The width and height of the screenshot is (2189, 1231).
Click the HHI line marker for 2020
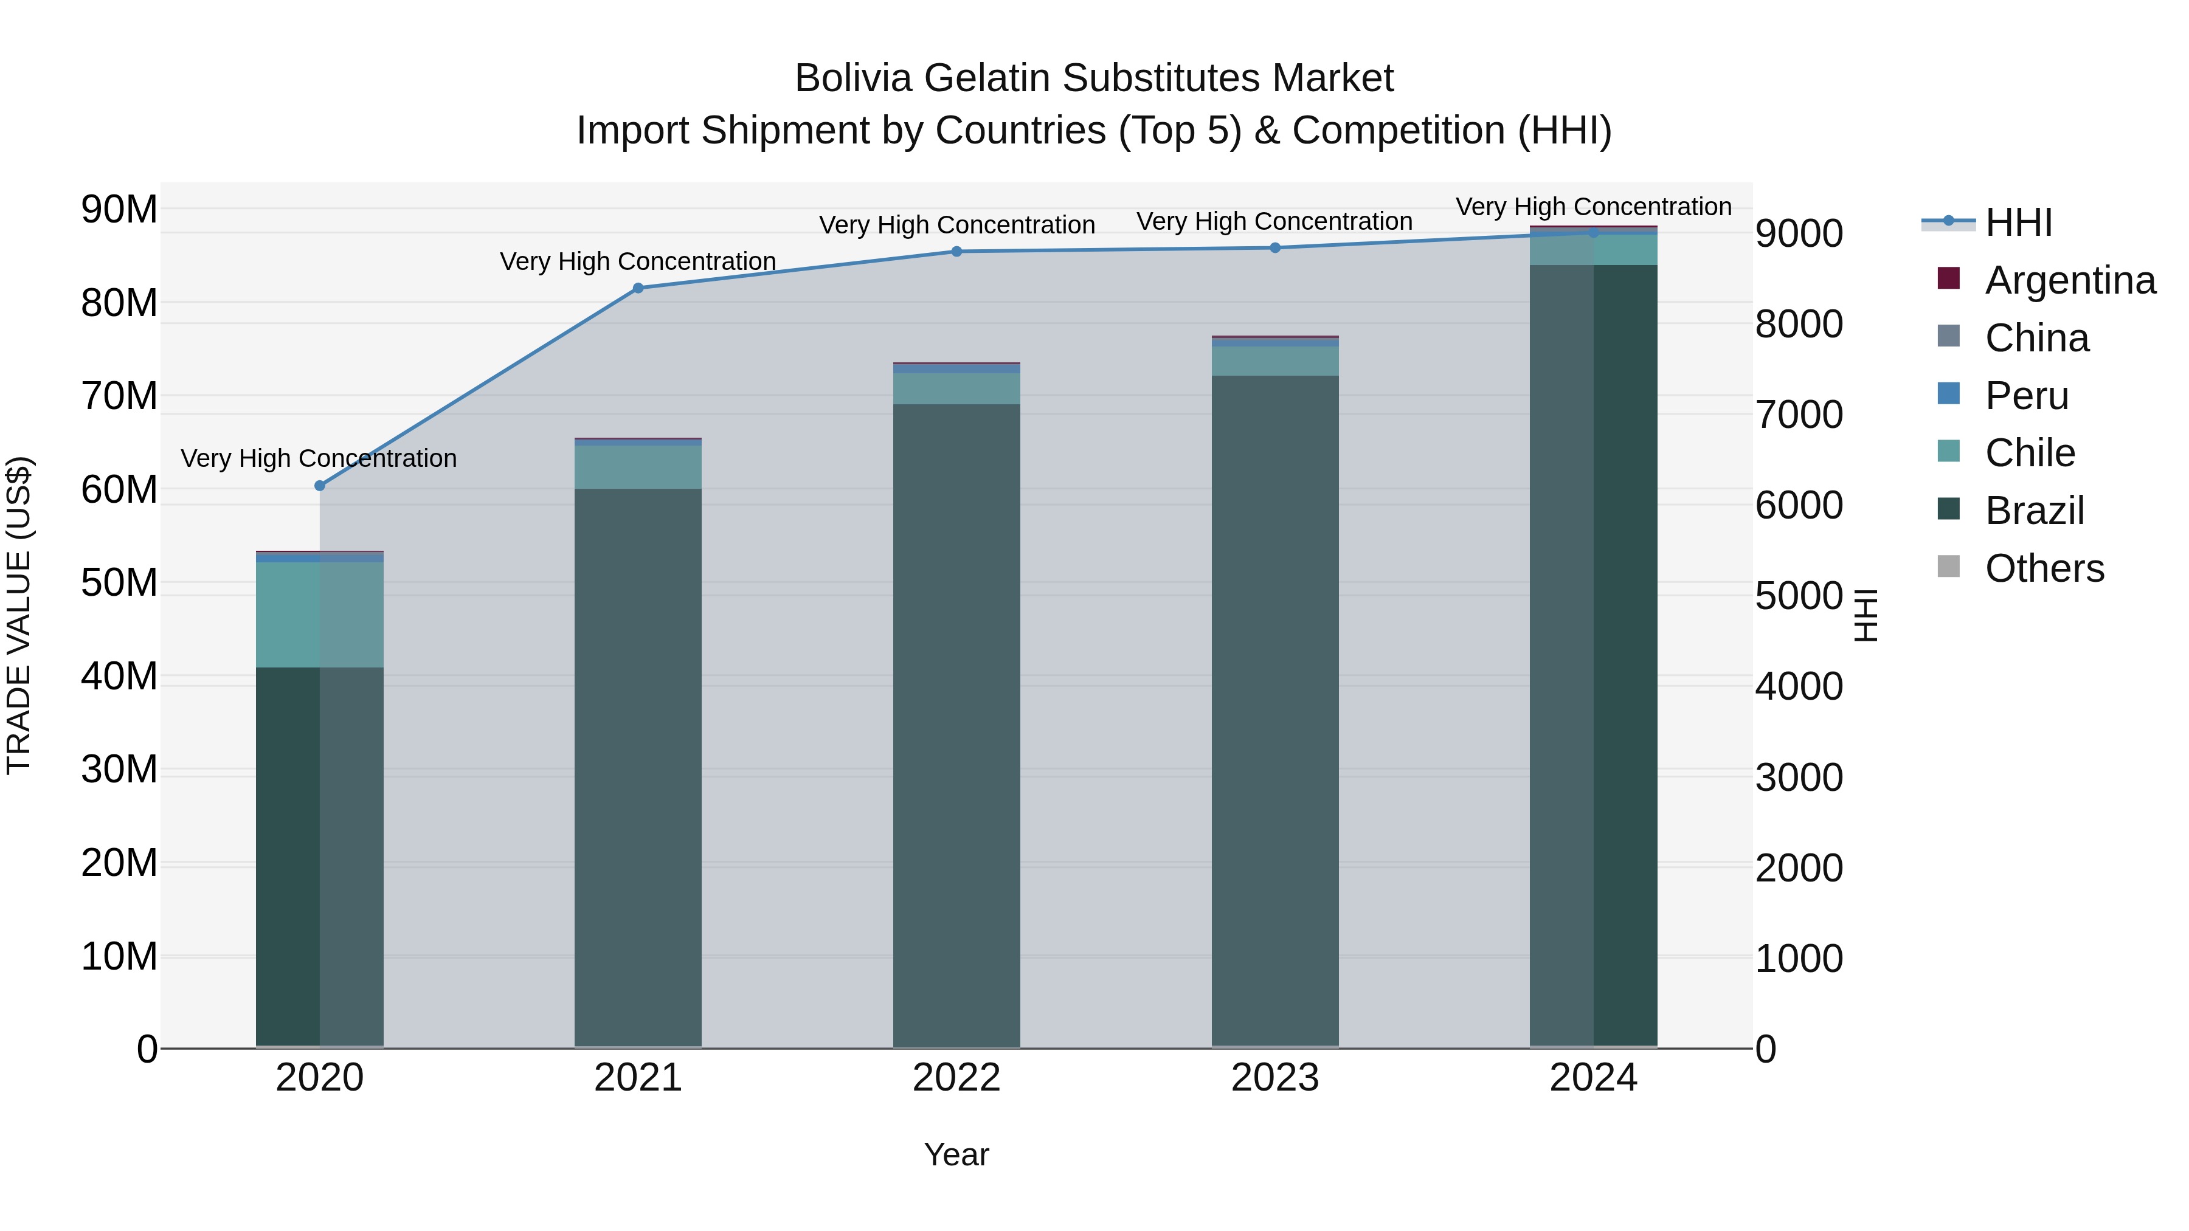[x=319, y=486]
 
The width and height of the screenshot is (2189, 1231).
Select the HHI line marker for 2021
[x=638, y=288]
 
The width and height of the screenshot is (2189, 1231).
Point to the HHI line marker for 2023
[x=1274, y=248]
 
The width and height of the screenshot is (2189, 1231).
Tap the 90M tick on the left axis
[x=119, y=209]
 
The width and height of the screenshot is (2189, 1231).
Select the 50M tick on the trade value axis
[x=119, y=583]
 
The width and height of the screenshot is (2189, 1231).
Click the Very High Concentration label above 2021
[x=638, y=261]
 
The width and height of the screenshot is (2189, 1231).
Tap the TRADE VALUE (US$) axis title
[x=19, y=615]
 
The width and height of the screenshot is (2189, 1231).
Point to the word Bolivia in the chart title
[x=854, y=78]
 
